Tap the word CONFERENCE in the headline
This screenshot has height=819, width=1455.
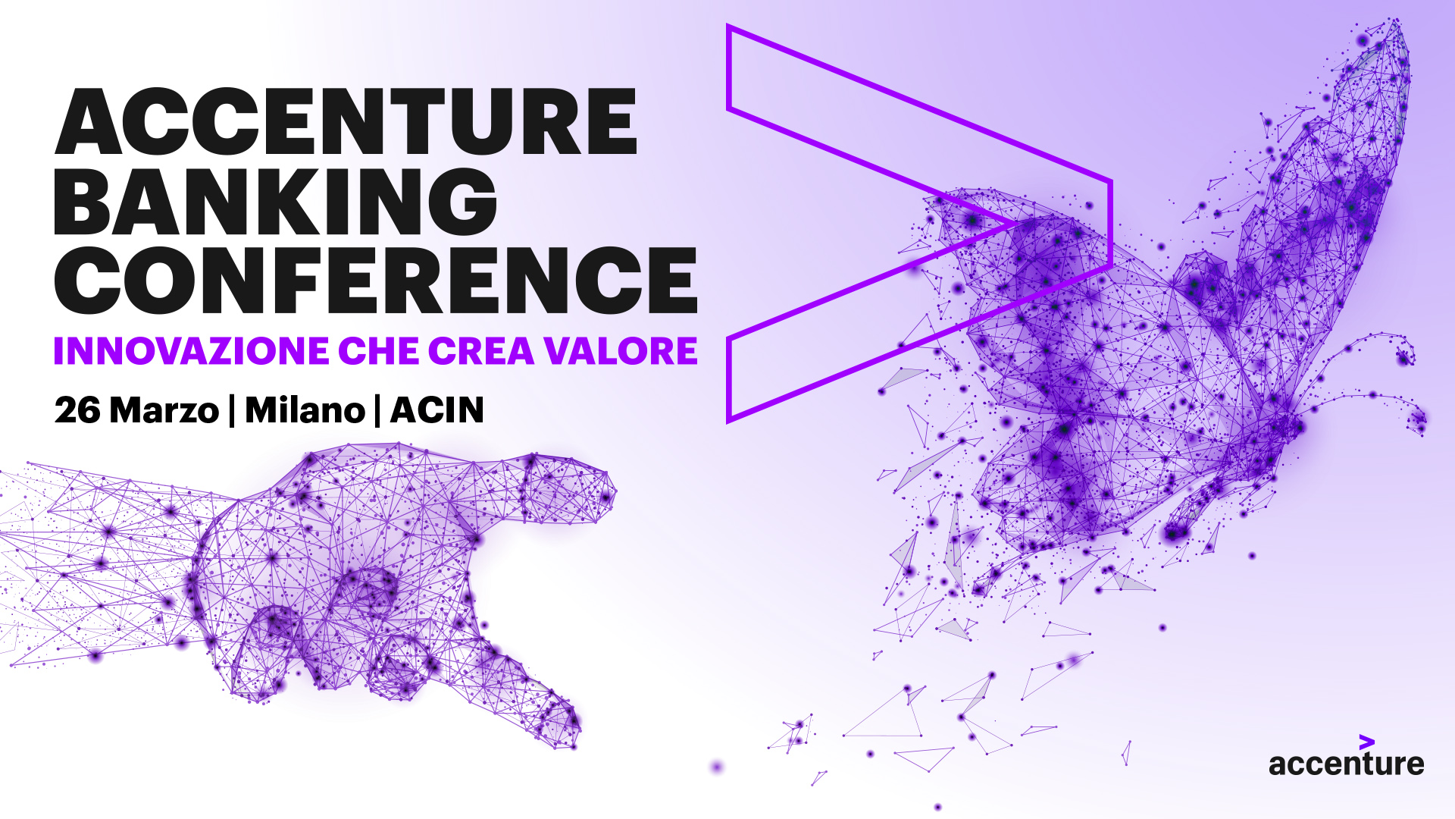pos(376,280)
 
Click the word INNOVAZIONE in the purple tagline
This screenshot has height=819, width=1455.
pos(191,350)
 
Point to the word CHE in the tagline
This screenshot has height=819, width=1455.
pos(378,350)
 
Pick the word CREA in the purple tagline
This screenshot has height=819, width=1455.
pos(481,350)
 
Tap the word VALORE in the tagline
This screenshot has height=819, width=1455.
pos(621,350)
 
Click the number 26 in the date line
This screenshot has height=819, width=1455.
pos(77,410)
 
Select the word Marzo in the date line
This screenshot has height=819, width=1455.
pos(164,410)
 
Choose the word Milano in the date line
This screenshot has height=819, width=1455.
pos(305,410)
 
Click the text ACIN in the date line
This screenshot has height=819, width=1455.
pos(436,410)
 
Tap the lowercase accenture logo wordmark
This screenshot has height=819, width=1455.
pos(1347,764)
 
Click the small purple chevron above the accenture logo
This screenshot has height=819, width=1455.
pos(1367,742)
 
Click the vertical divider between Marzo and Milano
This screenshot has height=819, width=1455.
pos(232,411)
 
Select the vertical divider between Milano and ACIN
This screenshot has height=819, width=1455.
pos(377,411)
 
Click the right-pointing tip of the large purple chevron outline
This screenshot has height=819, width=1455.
pos(1111,224)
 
